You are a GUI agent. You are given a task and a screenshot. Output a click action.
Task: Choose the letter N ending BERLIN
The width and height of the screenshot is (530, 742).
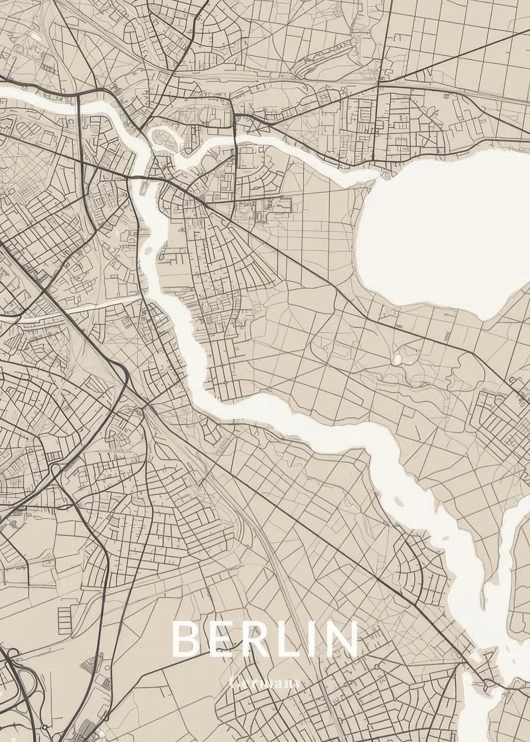tap(341, 640)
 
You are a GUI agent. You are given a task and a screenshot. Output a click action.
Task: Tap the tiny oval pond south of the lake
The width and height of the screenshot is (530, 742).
tap(397, 360)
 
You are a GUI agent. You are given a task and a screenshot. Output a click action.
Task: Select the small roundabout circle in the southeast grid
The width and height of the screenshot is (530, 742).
tap(376, 666)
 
